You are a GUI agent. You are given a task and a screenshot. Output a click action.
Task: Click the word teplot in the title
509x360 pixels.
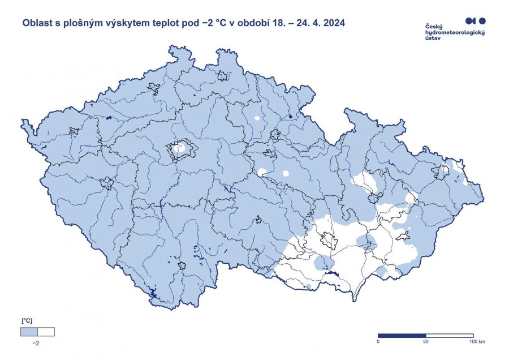pos(169,24)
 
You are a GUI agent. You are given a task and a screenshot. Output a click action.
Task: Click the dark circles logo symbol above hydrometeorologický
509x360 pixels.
pos(475,21)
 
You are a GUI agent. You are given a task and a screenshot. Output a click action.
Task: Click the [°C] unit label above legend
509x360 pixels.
pos(27,321)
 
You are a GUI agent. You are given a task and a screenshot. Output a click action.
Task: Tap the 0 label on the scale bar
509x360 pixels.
pos(378,342)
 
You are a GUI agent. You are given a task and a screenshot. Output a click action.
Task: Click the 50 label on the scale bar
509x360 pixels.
pos(425,342)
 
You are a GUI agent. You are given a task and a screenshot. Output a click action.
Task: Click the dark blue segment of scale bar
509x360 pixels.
pos(402,336)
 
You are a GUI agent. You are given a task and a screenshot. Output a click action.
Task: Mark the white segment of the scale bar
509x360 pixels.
pos(449,336)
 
